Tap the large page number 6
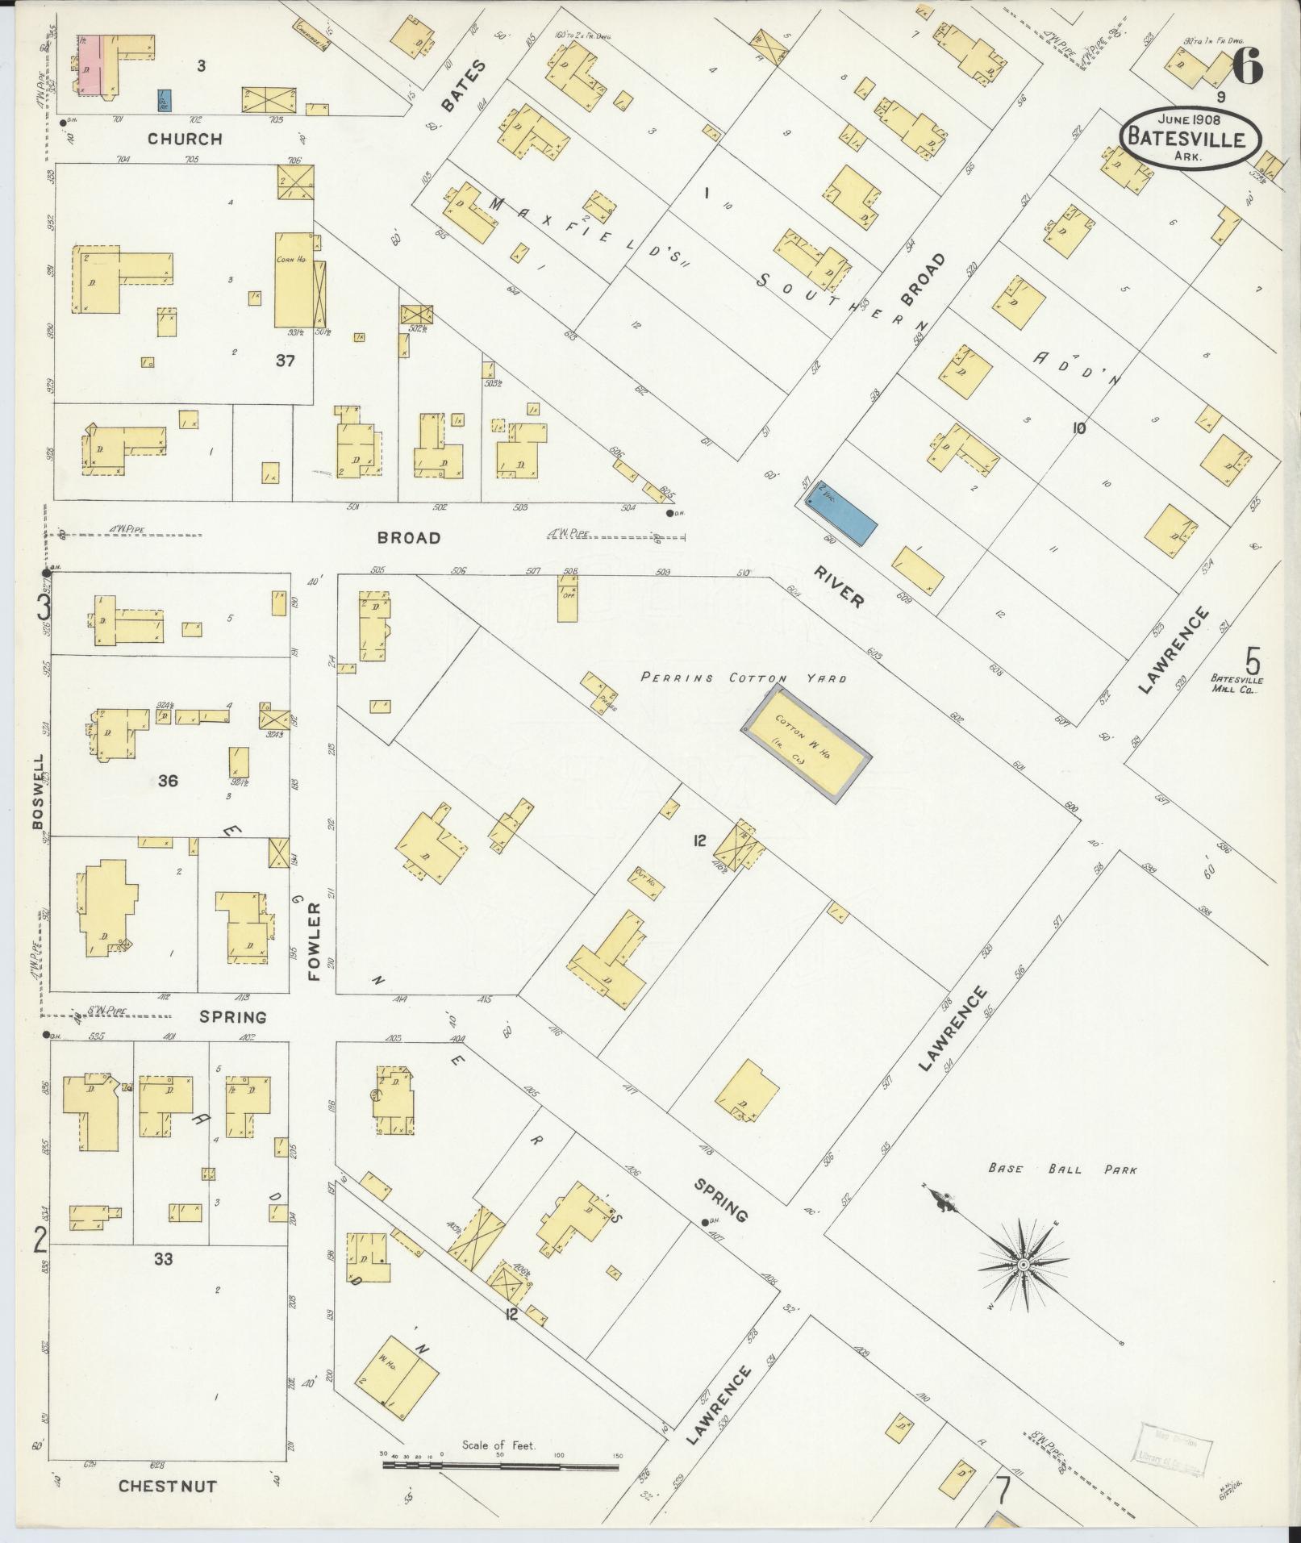coord(1246,68)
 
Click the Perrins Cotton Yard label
coord(744,678)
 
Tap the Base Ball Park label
coord(1062,1169)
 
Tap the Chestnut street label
coord(167,1486)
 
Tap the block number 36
coord(168,780)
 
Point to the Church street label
coord(184,139)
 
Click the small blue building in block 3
coord(164,99)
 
